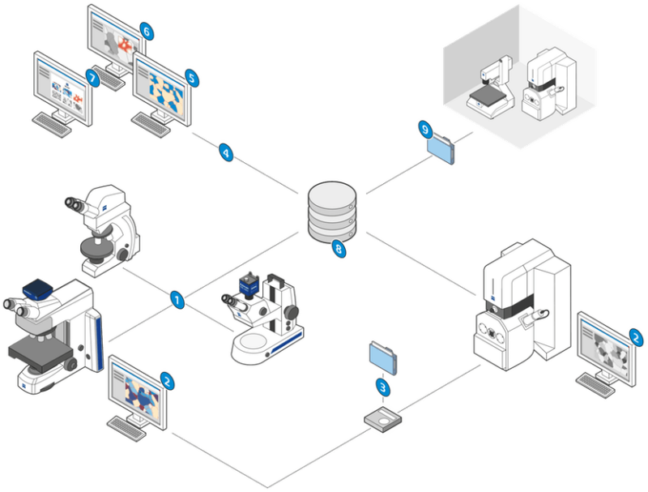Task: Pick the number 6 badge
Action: tap(147, 33)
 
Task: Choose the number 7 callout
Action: tap(92, 79)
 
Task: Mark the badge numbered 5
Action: tap(192, 77)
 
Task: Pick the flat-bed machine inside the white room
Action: tap(492, 89)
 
